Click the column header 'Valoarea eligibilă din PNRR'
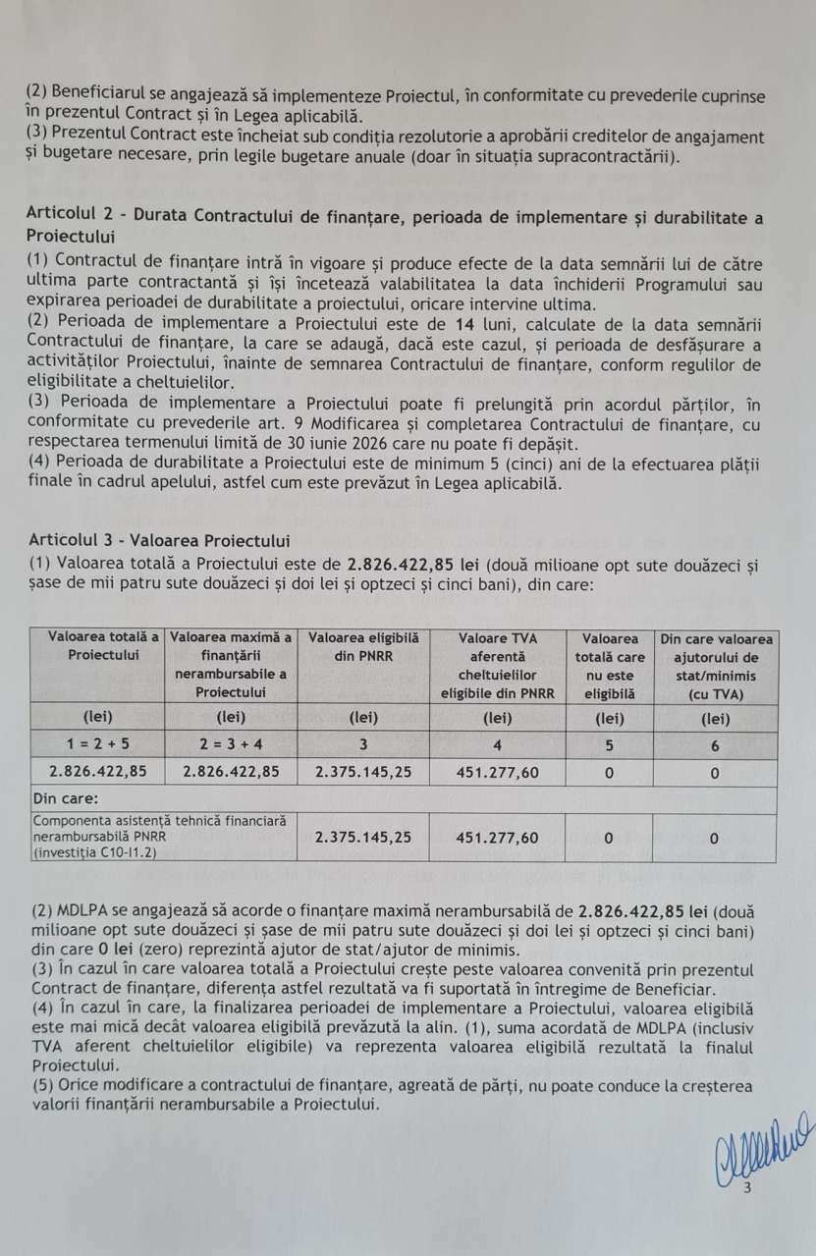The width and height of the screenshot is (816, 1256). pos(363,647)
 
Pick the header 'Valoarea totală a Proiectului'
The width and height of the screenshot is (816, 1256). pos(97,647)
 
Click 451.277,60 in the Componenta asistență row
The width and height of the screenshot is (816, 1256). pos(497,838)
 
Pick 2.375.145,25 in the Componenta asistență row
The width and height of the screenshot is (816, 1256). pos(363,838)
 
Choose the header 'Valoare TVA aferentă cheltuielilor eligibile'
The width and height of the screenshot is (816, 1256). pos(497,666)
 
